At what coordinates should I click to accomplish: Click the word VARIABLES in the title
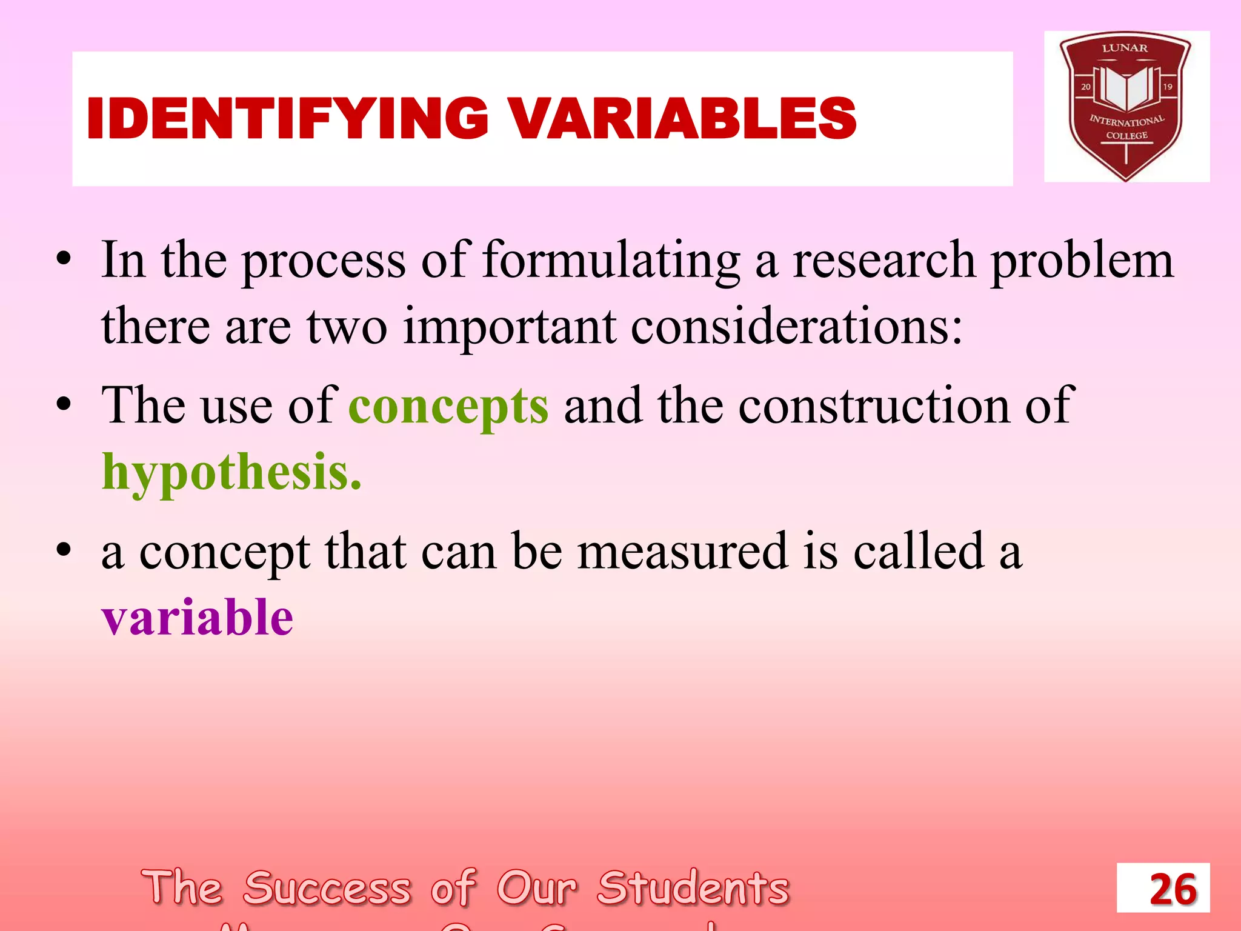pyautogui.click(x=682, y=118)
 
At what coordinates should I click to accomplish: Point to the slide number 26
pyautogui.click(x=1173, y=889)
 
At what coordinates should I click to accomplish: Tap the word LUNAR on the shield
pyautogui.click(x=1125, y=48)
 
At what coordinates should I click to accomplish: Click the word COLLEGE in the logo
pyautogui.click(x=1126, y=136)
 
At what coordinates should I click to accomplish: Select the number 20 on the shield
pyautogui.click(x=1085, y=87)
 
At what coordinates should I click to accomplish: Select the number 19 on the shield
pyautogui.click(x=1167, y=87)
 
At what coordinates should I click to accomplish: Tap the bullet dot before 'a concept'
pyautogui.click(x=64, y=550)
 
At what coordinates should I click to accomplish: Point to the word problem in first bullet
pyautogui.click(x=1082, y=261)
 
